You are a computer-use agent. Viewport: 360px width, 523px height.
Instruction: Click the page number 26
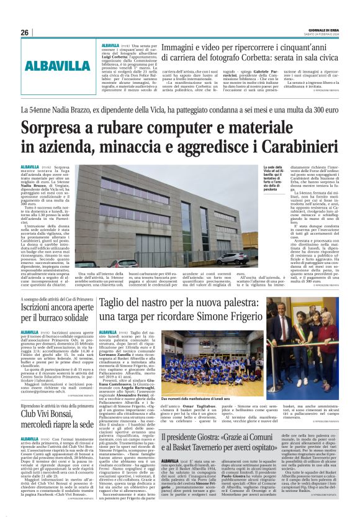[25, 32]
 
